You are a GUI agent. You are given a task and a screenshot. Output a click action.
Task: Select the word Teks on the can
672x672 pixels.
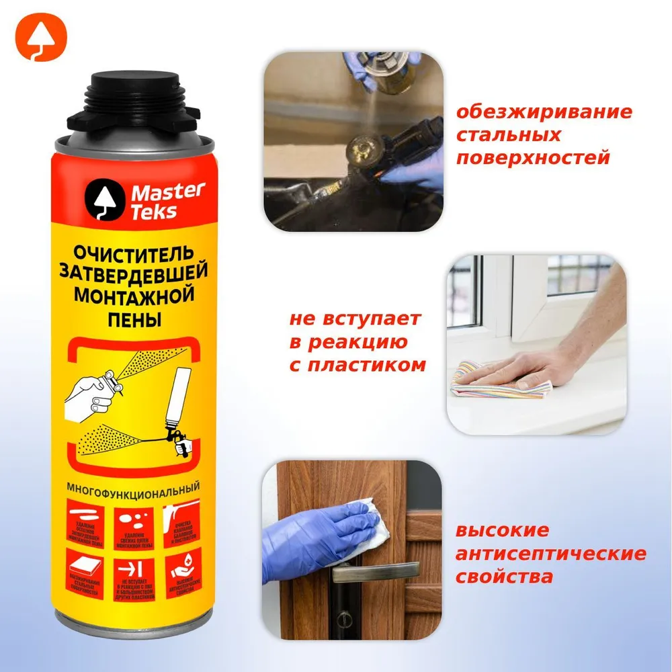tap(154, 212)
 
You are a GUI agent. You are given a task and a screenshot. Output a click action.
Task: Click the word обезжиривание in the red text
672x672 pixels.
tap(544, 112)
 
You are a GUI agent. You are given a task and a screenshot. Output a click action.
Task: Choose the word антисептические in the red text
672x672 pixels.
tap(551, 554)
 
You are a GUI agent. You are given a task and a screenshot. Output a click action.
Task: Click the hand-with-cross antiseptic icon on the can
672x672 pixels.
tap(182, 571)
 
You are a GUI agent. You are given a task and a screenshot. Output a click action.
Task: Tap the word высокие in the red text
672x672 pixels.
tap(502, 531)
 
